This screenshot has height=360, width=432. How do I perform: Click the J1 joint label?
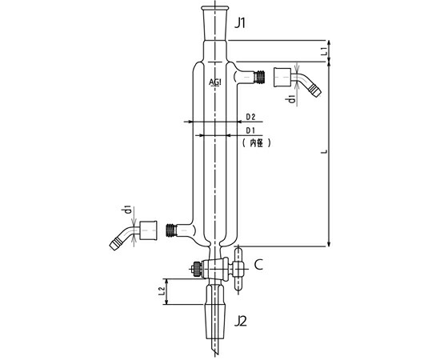(240, 23)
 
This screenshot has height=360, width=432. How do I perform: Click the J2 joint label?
(241, 321)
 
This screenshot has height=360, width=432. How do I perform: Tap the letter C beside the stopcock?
(258, 265)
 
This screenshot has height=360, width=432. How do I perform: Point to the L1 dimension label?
(325, 51)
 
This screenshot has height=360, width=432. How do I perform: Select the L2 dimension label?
(162, 292)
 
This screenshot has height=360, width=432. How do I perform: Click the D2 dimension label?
(250, 117)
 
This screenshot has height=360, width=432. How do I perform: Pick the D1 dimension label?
(250, 130)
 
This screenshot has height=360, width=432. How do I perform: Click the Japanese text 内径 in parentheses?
(257, 143)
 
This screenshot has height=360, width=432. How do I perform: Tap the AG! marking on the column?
(215, 82)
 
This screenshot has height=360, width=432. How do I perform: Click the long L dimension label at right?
(325, 151)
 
